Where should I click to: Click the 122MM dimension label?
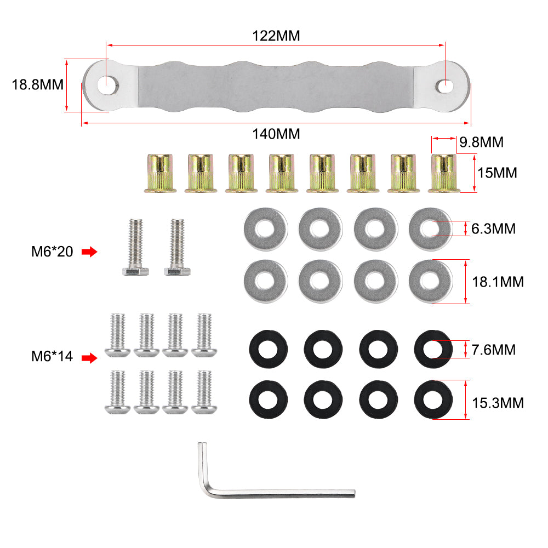click(x=276, y=36)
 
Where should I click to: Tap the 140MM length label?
click(x=276, y=134)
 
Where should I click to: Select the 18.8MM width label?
click(x=38, y=85)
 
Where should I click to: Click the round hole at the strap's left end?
click(x=107, y=85)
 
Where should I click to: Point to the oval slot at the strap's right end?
click(x=444, y=86)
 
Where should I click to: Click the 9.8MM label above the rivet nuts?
click(x=482, y=142)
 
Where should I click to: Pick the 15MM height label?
click(x=498, y=173)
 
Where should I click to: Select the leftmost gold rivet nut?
click(x=160, y=173)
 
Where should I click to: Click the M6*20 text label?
click(x=52, y=252)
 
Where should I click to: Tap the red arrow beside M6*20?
click(x=89, y=252)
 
